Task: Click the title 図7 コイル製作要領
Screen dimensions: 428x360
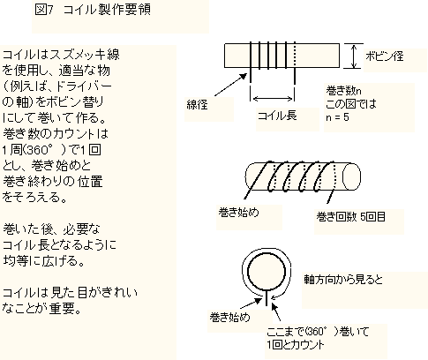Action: (93, 10)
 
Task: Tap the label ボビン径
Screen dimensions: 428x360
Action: (384, 56)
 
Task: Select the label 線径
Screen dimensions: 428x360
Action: (197, 104)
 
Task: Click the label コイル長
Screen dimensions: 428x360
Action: (277, 116)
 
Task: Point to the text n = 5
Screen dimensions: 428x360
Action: (337, 117)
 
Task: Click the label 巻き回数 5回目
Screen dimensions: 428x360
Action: (350, 217)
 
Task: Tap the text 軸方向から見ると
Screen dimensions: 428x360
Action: (343, 279)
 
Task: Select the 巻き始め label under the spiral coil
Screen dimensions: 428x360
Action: (238, 212)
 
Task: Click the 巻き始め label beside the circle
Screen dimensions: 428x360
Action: (229, 317)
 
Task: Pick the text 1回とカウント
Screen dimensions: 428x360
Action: (296, 345)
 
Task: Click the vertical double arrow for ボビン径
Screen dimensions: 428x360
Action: (354, 56)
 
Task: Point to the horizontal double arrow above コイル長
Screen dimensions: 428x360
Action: (274, 99)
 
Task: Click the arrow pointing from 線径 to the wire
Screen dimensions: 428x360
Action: (230, 85)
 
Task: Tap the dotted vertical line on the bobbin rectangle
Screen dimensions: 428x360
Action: (295, 56)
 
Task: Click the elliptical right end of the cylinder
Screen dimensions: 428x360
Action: (352, 176)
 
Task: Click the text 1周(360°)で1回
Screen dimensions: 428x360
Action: (52, 150)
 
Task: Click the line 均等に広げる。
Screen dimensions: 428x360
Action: (44, 261)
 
